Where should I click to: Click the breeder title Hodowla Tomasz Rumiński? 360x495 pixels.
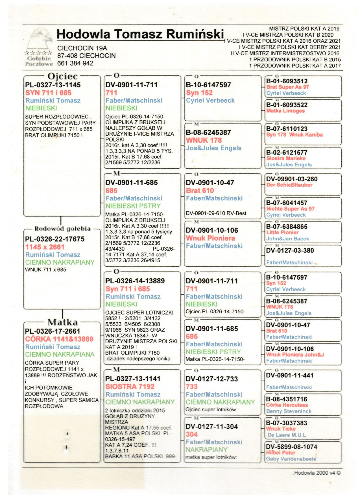pyautogui.click(x=140, y=34)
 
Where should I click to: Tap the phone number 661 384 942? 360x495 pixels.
pyautogui.click(x=75, y=63)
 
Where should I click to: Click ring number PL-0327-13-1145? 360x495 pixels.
pyautogui.click(x=53, y=85)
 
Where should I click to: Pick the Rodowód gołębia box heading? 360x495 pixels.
pyautogui.click(x=62, y=229)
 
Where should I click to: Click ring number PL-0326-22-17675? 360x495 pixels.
pyautogui.click(x=55, y=239)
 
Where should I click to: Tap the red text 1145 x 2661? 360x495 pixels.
pyautogui.click(x=45, y=247)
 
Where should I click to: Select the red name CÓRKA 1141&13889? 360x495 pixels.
pyautogui.click(x=59, y=339)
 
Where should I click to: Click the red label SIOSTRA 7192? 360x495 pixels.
pyautogui.click(x=130, y=387)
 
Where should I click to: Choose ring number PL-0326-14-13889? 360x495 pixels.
pyautogui.click(x=135, y=281)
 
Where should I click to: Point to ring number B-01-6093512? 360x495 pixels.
pyautogui.click(x=287, y=81)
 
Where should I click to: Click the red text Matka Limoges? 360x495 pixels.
pyautogui.click(x=285, y=111)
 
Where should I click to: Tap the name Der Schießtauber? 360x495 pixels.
pyautogui.click(x=289, y=185)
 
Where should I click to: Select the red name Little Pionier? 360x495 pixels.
pyautogui.click(x=282, y=233)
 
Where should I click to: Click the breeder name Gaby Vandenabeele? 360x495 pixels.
pyautogui.click(x=291, y=459)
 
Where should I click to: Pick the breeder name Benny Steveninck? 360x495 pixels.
pyautogui.click(x=289, y=411)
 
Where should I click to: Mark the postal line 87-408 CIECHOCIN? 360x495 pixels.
pyautogui.click(x=86, y=56)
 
